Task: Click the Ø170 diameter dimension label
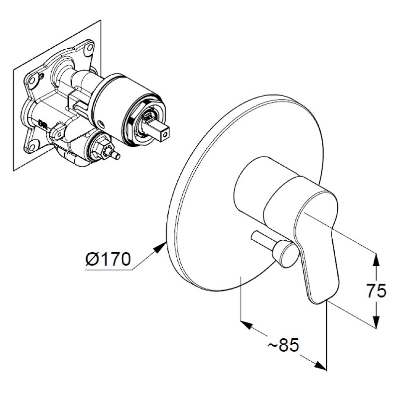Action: (108, 259)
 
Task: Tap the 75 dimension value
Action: (376, 291)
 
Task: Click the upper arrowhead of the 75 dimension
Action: (376, 260)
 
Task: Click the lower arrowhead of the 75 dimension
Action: (376, 322)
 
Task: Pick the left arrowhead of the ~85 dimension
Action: (246, 324)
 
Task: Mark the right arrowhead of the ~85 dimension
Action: (320, 366)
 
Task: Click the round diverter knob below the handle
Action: (286, 254)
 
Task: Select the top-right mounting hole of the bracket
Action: (89, 49)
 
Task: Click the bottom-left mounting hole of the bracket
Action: (33, 146)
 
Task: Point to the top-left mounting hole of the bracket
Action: (32, 80)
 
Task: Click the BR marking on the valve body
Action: (42, 123)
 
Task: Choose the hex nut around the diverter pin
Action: (101, 150)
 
